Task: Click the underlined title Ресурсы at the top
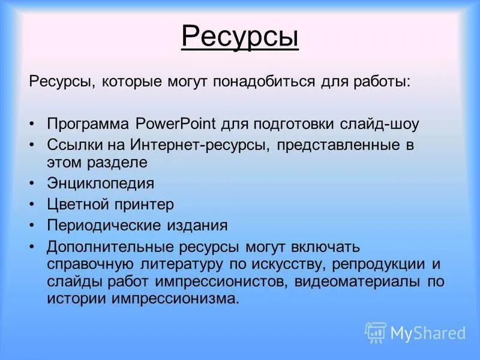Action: click(239, 38)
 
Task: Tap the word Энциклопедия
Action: click(100, 183)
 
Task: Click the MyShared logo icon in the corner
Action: click(376, 332)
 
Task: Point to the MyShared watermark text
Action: click(428, 333)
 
